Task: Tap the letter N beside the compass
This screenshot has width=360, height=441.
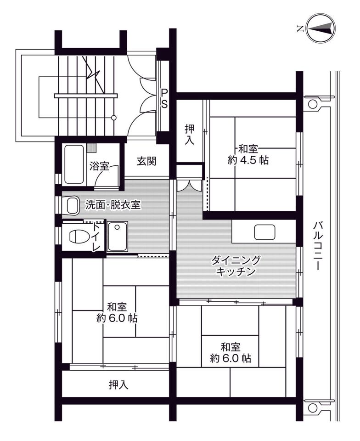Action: pos(300,28)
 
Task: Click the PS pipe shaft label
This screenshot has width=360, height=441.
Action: pos(164,98)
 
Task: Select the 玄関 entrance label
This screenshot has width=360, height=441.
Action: pos(146,161)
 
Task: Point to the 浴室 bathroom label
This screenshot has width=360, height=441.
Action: pos(99,166)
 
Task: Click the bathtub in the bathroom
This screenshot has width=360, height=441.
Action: pos(74,164)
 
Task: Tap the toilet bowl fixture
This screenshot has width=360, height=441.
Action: pos(76,237)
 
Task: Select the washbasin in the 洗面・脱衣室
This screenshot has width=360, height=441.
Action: pos(72,205)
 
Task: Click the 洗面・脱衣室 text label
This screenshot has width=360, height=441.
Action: pos(113,205)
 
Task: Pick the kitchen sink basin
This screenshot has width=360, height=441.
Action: pos(264,232)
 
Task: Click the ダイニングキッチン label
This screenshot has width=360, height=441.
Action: pos(236,266)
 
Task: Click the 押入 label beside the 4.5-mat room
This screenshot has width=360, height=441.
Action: pos(190,135)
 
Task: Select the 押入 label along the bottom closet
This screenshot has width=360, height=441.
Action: pos(118,385)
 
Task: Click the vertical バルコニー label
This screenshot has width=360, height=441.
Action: pos(318,246)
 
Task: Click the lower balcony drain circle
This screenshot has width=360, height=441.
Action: pos(312,407)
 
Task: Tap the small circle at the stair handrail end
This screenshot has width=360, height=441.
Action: pos(113,118)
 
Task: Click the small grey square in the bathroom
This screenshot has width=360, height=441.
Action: pos(91,148)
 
